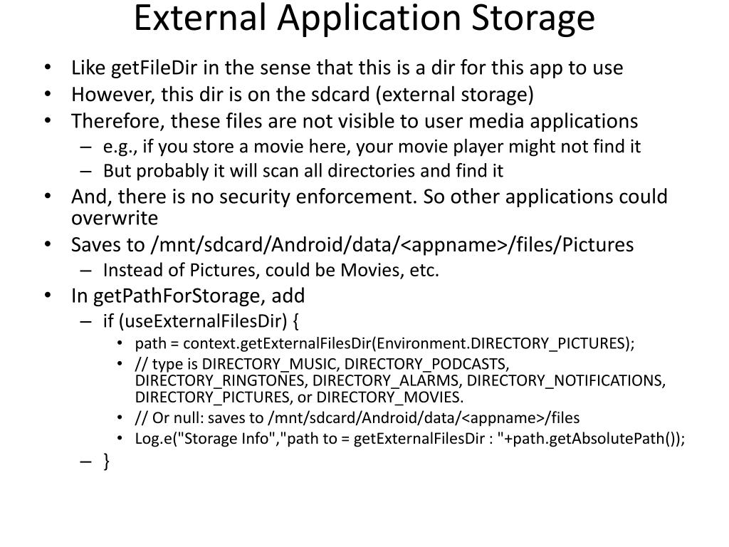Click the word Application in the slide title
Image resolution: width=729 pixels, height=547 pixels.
(374, 19)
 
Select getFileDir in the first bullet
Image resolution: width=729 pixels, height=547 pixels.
(154, 68)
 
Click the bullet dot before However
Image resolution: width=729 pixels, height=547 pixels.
(47, 95)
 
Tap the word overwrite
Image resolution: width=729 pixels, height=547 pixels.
(114, 218)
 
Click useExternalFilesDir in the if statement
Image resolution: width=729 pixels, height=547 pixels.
(206, 321)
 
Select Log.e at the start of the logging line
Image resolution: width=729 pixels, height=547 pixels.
(150, 439)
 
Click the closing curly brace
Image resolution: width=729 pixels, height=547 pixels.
(106, 462)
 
